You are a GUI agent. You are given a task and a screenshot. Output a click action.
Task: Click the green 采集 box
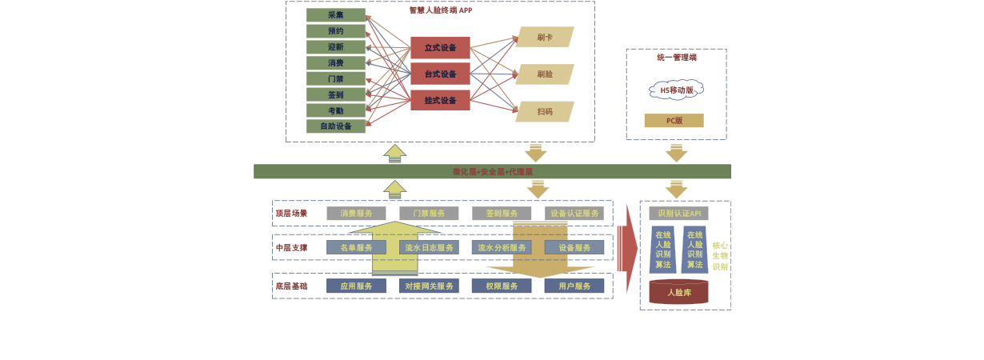(335, 15)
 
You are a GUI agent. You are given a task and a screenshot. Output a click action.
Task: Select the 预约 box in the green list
(335, 31)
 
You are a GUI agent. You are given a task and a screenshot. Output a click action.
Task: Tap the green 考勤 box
(335, 110)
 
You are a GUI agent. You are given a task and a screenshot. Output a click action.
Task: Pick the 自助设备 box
(335, 126)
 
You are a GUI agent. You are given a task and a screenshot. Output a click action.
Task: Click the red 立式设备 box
(440, 48)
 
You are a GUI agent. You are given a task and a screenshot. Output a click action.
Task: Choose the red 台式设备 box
(440, 74)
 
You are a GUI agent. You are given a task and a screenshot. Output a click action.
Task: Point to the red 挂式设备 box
(440, 101)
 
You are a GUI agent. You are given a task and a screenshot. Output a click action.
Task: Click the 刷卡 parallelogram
(545, 37)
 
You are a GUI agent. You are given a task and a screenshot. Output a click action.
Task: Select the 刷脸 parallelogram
(545, 74)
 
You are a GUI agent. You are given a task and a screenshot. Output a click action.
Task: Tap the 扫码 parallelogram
(545, 112)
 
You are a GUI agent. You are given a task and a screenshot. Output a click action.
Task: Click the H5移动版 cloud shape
(676, 90)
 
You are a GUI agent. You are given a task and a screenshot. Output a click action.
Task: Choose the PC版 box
(674, 121)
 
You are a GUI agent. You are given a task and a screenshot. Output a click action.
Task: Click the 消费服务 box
(356, 214)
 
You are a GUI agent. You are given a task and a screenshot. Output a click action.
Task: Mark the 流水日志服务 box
(429, 248)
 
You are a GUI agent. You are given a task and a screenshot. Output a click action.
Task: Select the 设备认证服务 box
(574, 214)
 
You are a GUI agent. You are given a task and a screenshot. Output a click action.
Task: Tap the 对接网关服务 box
(429, 286)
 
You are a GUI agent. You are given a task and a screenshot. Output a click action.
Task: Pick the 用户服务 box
(574, 286)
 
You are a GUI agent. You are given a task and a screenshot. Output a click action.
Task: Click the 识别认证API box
(678, 214)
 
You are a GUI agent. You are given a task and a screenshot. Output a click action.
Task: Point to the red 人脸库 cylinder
(678, 293)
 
